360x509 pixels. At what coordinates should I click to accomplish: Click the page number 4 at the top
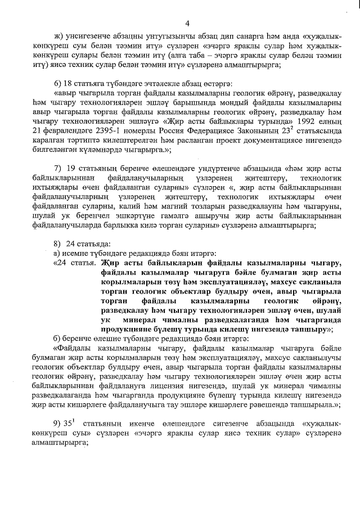(x=187, y=23)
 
